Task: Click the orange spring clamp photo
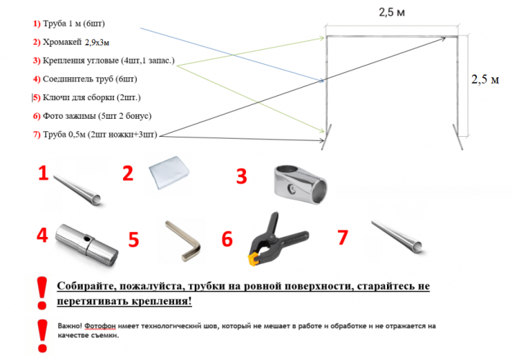coord(277,237)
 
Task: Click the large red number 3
coord(242,176)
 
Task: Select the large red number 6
coord(227,239)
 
